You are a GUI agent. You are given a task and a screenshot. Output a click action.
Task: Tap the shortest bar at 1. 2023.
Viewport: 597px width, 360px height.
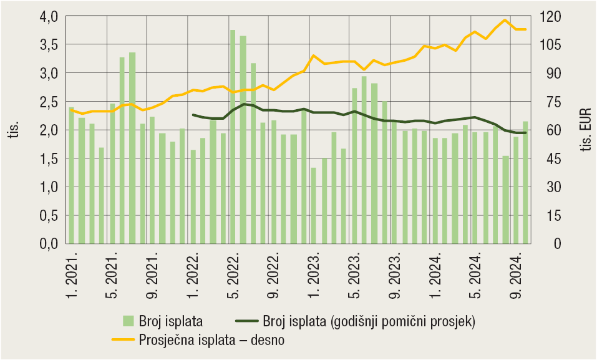pyautogui.click(x=313, y=205)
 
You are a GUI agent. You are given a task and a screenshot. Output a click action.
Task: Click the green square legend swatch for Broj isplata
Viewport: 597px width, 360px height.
pyautogui.click(x=128, y=321)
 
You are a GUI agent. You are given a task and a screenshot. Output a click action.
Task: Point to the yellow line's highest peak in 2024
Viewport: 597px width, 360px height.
pyautogui.click(x=505, y=20)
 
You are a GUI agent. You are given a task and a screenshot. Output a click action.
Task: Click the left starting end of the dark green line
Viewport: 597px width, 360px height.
pyautogui.click(x=193, y=115)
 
